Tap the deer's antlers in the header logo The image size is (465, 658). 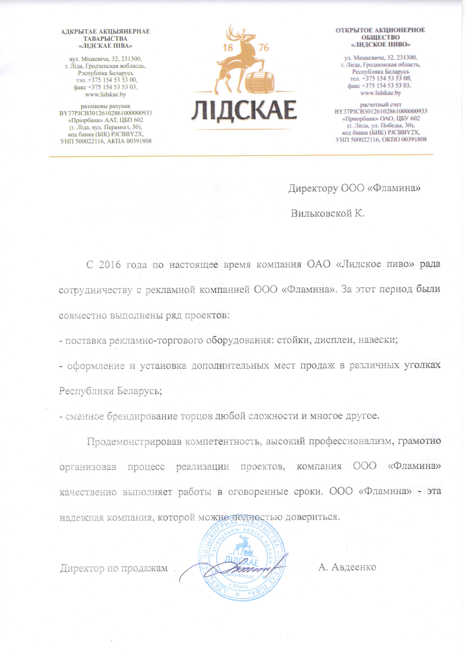click(x=238, y=32)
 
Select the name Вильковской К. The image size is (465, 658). click(x=327, y=213)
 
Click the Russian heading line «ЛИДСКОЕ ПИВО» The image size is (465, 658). click(x=380, y=44)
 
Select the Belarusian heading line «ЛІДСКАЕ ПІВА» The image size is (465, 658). click(x=105, y=46)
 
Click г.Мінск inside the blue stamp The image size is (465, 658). click(x=239, y=587)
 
